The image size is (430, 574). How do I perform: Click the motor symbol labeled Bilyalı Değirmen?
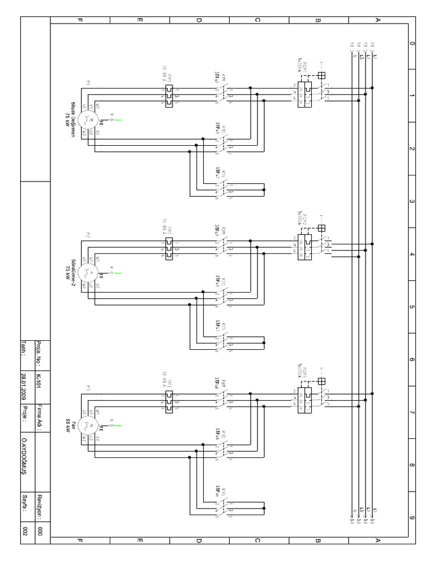tap(87, 118)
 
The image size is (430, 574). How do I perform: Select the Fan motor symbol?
tap(87, 425)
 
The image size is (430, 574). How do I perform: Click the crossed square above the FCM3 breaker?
tap(321, 382)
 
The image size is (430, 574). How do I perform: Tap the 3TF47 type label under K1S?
tap(217, 173)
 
